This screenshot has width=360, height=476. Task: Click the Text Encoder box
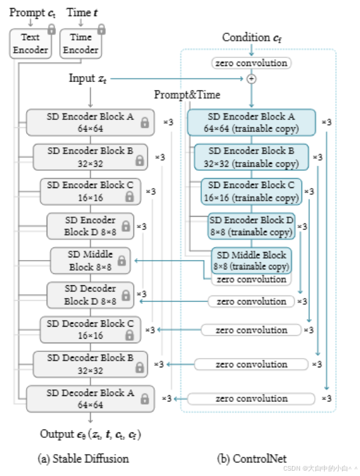pyautogui.click(x=30, y=43)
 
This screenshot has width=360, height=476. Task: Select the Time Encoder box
pyautogui.click(x=81, y=43)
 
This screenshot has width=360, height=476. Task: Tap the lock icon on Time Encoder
pyautogui.click(x=101, y=29)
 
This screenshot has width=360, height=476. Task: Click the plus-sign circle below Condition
pyautogui.click(x=251, y=79)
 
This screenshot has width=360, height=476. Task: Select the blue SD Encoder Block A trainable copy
pyautogui.click(x=251, y=122)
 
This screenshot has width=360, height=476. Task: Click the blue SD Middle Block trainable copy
pyautogui.click(x=251, y=261)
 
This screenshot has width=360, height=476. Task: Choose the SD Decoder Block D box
pyautogui.click(x=90, y=295)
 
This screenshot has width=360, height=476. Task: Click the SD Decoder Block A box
pyautogui.click(x=90, y=399)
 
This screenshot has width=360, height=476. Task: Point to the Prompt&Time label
pyautogui.click(x=187, y=95)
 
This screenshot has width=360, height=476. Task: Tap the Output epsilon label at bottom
pyautogui.click(x=91, y=435)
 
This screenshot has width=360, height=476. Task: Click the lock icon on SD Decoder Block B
pyautogui.click(x=139, y=367)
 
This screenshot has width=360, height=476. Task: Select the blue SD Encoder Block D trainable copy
pyautogui.click(x=251, y=226)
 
